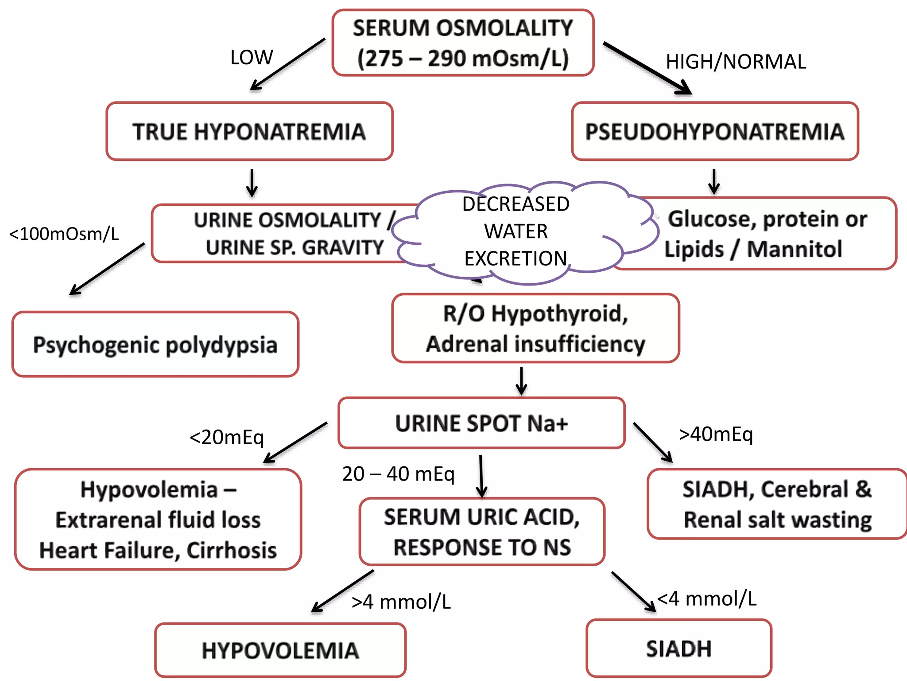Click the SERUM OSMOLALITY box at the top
point(463,43)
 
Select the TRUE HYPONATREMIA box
point(249,132)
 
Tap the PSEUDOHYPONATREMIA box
point(715,132)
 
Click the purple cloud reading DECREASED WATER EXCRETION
point(516,231)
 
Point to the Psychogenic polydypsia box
point(155,345)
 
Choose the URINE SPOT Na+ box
point(481,423)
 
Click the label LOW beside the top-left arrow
point(252,57)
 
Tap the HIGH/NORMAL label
point(736,62)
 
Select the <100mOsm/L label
point(64,234)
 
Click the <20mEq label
point(227,438)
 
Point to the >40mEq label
point(716,434)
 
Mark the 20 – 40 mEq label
point(398,474)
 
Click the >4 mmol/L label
point(401,602)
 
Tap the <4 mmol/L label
point(707,599)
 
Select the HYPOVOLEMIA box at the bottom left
point(280,650)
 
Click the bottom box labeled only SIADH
point(678,649)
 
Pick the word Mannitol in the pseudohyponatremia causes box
point(795,249)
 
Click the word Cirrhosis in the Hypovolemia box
point(231,550)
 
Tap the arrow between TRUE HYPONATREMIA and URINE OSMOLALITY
point(252,183)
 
